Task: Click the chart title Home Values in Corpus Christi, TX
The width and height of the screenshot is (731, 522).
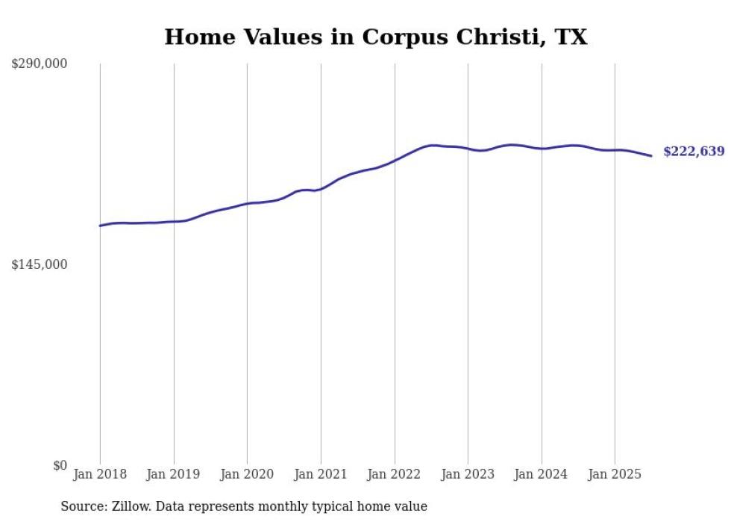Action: click(x=375, y=37)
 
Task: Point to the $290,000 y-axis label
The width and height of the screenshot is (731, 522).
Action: click(x=40, y=64)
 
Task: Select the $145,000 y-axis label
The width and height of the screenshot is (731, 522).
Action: click(x=40, y=265)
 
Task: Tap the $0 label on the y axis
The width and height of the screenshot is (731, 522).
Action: click(x=60, y=465)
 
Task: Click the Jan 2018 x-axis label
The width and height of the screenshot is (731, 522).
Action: click(x=100, y=474)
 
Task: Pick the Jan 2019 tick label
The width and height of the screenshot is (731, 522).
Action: click(x=174, y=474)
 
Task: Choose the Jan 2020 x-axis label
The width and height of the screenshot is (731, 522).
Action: click(x=247, y=474)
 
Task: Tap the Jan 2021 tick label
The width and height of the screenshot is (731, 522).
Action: click(x=321, y=474)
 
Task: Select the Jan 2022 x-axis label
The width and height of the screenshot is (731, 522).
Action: click(x=394, y=474)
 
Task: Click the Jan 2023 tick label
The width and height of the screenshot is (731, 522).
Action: click(x=468, y=474)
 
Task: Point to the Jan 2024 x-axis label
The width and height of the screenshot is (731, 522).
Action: click(x=542, y=474)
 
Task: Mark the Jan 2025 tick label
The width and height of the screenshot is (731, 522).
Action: click(x=615, y=474)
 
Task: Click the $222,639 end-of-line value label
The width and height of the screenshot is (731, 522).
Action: click(x=694, y=152)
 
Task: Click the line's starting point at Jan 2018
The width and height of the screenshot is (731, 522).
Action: click(x=100, y=226)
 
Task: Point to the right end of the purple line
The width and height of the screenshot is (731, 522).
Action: click(x=651, y=155)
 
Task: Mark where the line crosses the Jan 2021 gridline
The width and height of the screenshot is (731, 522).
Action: click(x=321, y=189)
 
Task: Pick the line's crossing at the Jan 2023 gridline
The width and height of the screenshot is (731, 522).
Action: click(x=468, y=149)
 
